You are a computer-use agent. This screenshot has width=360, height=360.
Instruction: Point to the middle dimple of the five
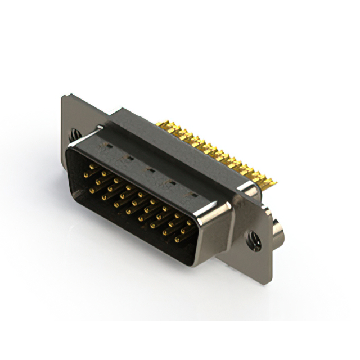(x=150, y=169)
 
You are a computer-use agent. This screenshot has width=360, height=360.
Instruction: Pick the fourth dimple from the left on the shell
(x=172, y=182)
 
